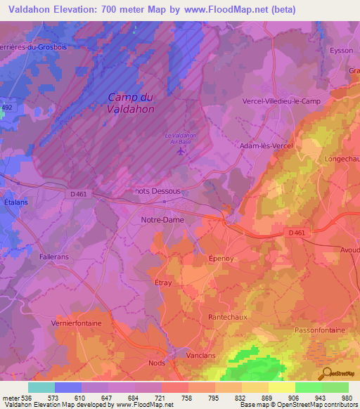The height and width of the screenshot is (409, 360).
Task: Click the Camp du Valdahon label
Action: [x=131, y=103]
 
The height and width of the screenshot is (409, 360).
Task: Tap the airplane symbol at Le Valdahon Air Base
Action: [x=181, y=150]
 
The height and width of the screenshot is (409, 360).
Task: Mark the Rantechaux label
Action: [x=228, y=317]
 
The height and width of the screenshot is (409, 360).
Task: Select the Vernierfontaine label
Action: [x=76, y=323]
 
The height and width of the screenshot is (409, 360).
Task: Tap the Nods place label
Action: [x=157, y=363]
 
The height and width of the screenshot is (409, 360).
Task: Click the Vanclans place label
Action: [x=202, y=356]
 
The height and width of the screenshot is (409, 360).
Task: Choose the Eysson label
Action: [x=341, y=51]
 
